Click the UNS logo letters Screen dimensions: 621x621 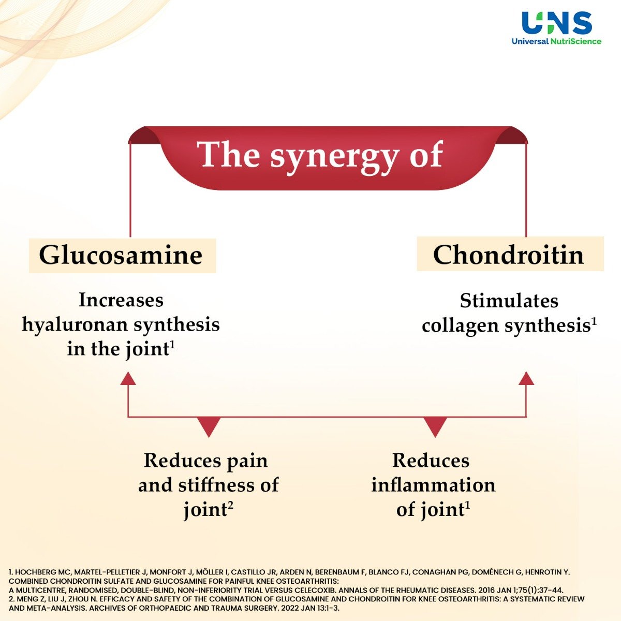click(x=556, y=23)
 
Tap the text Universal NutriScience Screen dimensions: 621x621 click(x=556, y=41)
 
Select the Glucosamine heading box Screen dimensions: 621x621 click(x=122, y=255)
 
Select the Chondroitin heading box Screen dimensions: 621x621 click(x=510, y=254)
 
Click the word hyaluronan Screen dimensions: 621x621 click(x=74, y=325)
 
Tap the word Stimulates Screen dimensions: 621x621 click(x=509, y=301)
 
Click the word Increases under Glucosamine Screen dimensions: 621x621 click(x=121, y=300)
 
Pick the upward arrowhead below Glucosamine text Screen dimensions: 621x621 click(x=128, y=379)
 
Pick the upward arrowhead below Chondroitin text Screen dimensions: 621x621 click(x=526, y=379)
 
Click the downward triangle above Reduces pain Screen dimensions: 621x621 click(x=209, y=426)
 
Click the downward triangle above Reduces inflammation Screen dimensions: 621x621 click(x=435, y=426)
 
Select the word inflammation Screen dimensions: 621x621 click(x=433, y=485)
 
